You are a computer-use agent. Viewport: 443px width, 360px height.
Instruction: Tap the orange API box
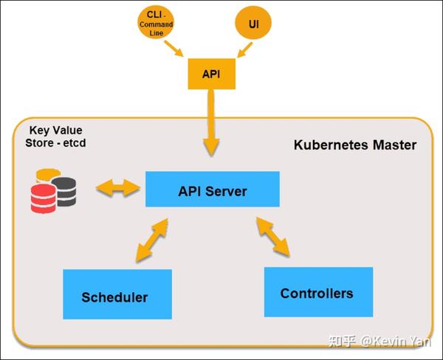(211, 75)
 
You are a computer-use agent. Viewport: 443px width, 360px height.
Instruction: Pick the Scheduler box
(117, 297)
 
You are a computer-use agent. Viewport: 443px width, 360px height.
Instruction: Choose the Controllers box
(317, 292)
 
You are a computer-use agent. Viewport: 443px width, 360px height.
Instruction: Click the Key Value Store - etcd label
(55, 136)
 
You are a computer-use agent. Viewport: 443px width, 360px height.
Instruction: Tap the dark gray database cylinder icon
(65, 190)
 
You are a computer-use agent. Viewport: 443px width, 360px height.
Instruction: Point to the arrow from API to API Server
(212, 125)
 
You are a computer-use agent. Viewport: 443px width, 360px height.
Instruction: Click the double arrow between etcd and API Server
(117, 188)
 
